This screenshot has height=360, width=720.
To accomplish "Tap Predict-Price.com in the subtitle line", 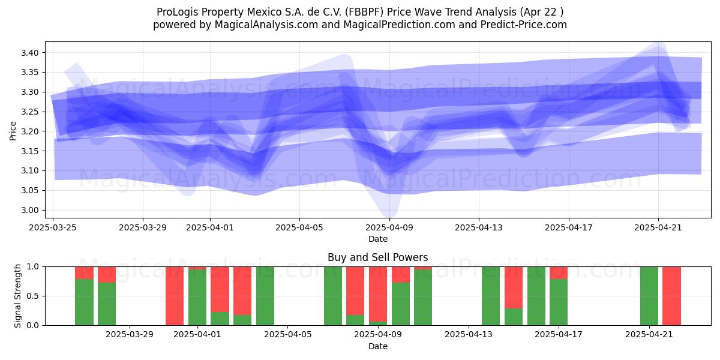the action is pyautogui.click(x=524, y=25).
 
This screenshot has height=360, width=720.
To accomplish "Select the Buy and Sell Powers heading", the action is pyautogui.click(x=377, y=257).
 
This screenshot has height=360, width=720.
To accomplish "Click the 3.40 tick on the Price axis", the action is pyautogui.click(x=29, y=53).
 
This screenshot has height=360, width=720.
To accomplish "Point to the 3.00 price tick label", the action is pyautogui.click(x=29, y=210).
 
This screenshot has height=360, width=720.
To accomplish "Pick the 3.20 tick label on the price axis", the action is pyautogui.click(x=29, y=131).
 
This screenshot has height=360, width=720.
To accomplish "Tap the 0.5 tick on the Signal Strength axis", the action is pyautogui.click(x=32, y=296).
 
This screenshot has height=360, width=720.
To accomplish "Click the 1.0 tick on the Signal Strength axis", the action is pyautogui.click(x=32, y=266).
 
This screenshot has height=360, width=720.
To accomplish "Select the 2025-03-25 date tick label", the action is pyautogui.click(x=53, y=227).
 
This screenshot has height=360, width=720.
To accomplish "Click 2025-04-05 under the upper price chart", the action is pyautogui.click(x=299, y=227).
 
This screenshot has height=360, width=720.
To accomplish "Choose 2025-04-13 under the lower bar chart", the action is pyautogui.click(x=469, y=335).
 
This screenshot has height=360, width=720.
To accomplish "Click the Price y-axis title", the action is pyautogui.click(x=13, y=131).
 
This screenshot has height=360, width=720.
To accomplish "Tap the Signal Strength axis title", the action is pyautogui.click(x=17, y=296).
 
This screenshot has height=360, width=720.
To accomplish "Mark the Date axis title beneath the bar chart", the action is pyautogui.click(x=377, y=347).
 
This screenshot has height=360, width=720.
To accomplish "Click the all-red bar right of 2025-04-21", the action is pyautogui.click(x=671, y=296).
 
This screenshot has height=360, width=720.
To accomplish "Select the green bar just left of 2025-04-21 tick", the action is pyautogui.click(x=649, y=296).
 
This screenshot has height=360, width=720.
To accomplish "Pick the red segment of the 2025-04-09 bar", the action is pyautogui.click(x=377, y=294).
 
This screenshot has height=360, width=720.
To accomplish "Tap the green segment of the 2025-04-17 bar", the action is pyautogui.click(x=559, y=302).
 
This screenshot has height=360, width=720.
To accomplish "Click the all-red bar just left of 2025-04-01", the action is pyautogui.click(x=175, y=296).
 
